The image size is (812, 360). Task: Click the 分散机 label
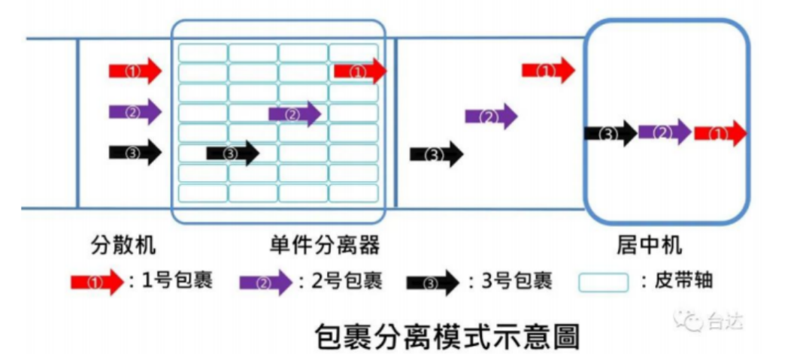123,245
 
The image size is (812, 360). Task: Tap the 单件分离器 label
323,245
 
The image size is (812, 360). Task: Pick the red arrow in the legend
96,283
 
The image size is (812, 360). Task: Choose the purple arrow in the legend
265,283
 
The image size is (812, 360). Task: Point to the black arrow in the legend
432,283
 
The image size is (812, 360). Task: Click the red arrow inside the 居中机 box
720,133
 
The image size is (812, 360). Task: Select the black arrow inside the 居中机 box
611,134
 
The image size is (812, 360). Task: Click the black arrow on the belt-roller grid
232,153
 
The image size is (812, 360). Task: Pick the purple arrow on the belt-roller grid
295,114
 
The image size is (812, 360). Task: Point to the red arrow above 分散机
135,71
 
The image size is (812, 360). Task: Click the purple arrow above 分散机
135,112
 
